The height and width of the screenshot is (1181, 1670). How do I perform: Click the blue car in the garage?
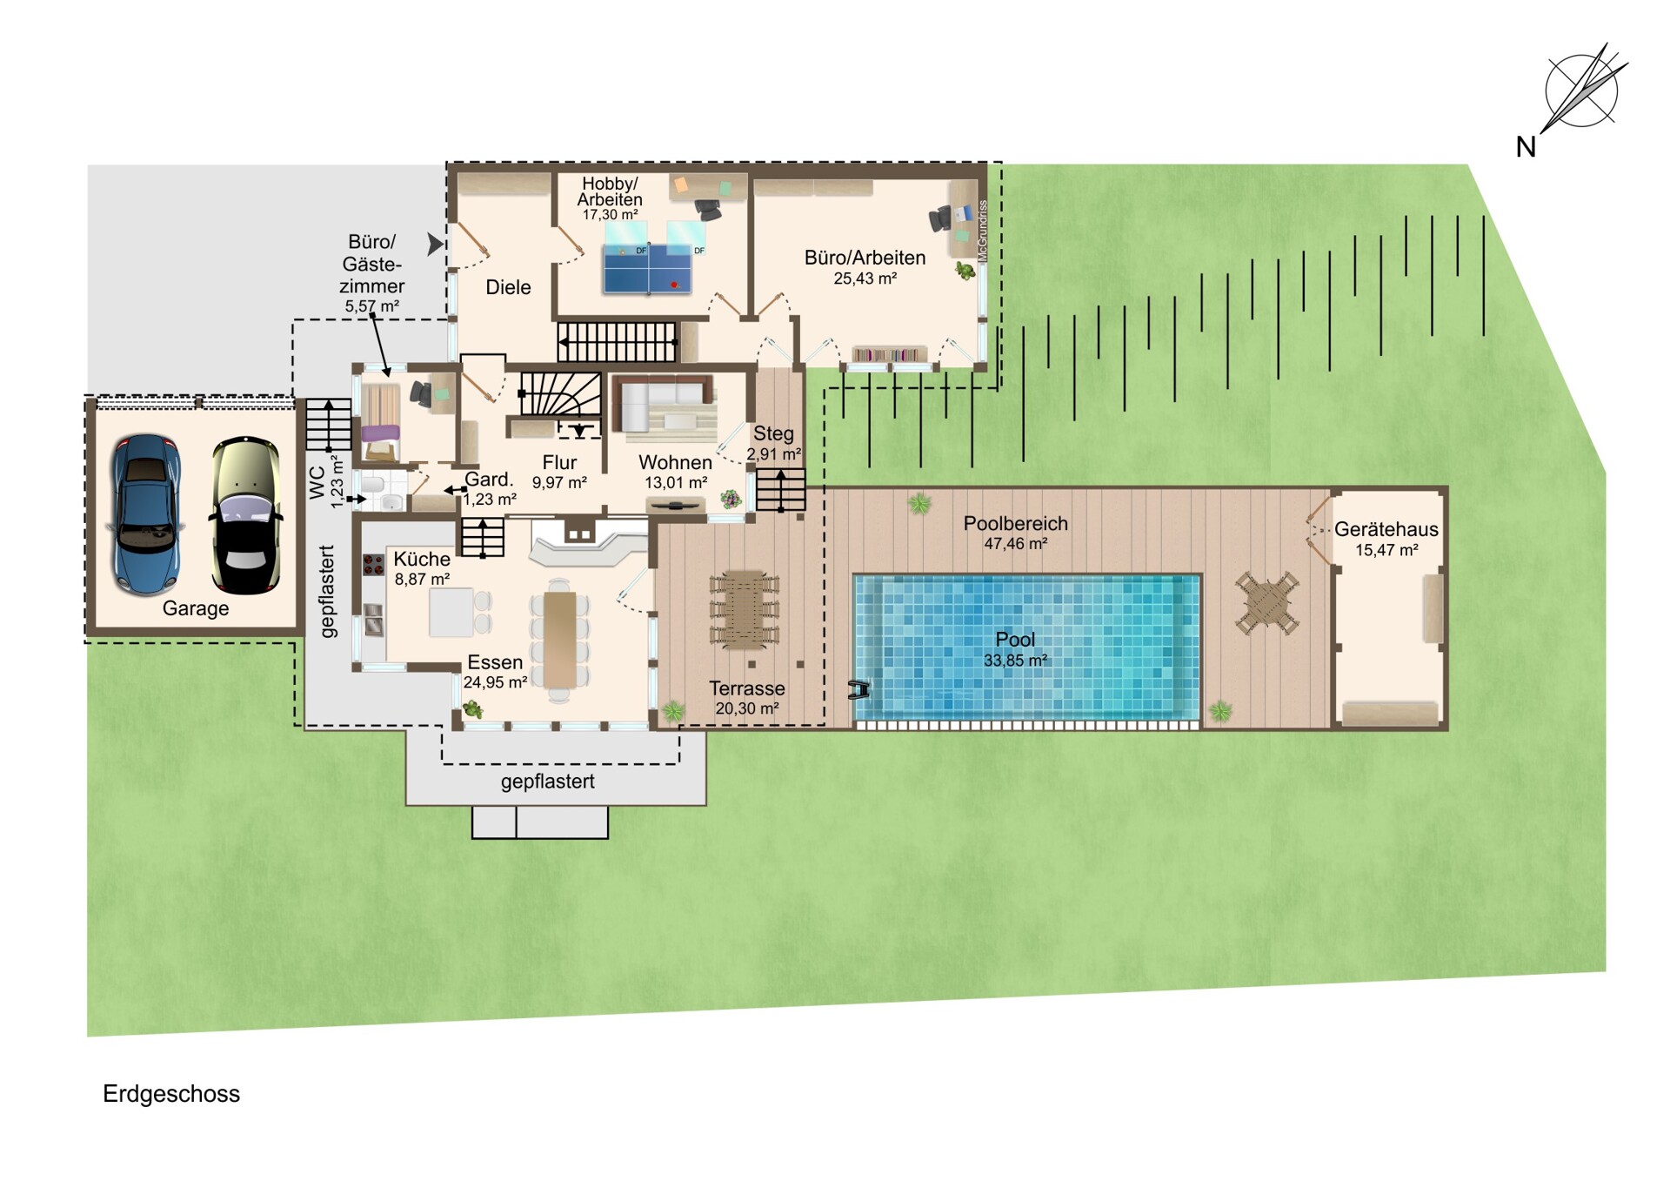coord(145,514)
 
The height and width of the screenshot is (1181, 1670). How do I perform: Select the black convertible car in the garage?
coord(246,516)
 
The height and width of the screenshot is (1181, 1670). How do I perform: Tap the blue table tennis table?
coord(647,268)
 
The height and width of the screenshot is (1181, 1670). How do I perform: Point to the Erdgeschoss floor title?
coord(171,1094)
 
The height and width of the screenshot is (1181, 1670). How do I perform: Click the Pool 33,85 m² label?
coord(1015,649)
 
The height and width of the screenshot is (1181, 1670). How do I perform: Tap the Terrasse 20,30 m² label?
coord(747,698)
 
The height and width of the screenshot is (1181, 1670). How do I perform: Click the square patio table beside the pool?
coord(1266,603)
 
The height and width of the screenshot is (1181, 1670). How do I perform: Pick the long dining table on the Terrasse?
coord(744,610)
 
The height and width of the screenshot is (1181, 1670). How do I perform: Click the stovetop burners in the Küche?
coord(373,565)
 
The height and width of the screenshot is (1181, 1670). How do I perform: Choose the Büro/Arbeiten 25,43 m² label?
coord(865,267)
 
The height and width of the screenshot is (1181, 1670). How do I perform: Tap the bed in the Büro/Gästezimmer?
coord(381,422)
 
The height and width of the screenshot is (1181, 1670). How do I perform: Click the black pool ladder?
coord(859,689)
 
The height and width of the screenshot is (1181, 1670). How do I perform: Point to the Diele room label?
coord(508,287)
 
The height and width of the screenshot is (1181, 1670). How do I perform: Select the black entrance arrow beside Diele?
coord(436,245)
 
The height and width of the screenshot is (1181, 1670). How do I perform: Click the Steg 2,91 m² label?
coord(773,443)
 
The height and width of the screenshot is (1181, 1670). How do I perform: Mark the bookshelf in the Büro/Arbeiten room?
coord(889,354)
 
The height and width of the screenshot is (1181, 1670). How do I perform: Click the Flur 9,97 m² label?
coord(559,472)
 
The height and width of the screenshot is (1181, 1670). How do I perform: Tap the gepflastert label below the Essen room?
coord(548,782)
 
